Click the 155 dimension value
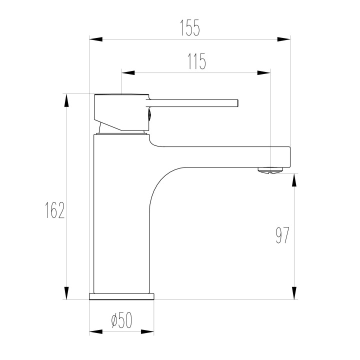[190, 28]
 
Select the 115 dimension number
[197, 61]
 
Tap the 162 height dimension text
[55, 210]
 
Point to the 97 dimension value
[282, 235]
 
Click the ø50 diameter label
[121, 320]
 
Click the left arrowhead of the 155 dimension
[96, 39]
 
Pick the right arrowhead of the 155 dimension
[283, 39]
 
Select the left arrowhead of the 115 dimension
[128, 73]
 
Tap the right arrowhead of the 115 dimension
[263, 73]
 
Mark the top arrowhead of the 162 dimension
[66, 100]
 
